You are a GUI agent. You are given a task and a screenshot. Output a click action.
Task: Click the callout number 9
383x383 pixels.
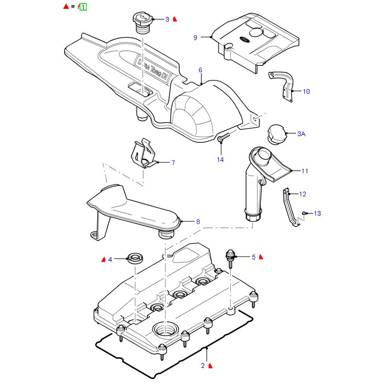[x=195, y=37]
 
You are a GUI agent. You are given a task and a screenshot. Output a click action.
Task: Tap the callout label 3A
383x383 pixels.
[x=301, y=134]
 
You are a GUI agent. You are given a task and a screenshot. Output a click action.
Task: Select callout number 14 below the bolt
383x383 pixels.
[x=220, y=159]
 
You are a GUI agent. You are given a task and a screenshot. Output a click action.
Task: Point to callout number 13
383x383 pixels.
[x=317, y=213]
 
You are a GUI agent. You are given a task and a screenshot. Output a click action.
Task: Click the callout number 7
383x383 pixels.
[x=173, y=163]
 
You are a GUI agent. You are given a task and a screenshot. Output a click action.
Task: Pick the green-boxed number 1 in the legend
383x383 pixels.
[x=83, y=7]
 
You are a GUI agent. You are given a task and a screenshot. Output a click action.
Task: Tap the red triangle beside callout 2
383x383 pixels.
[x=211, y=366]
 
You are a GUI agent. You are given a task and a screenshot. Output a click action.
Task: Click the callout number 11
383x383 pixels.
[x=305, y=170]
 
